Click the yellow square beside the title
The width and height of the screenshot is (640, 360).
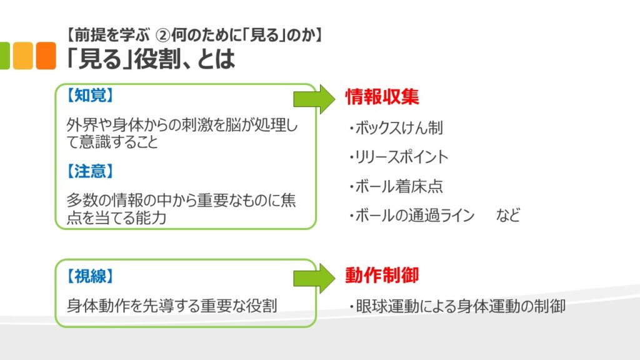pos(22,56)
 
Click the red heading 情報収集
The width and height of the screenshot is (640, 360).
pos(382,96)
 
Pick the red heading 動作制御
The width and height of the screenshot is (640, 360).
pos(382,276)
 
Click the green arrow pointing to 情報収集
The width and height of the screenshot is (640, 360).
pos(315,97)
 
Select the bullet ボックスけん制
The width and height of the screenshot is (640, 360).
pos(396,128)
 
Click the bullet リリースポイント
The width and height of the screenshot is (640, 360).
pos(399,157)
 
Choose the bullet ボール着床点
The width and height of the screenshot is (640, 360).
pos(396,186)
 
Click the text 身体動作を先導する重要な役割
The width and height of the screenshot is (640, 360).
pos(171,306)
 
